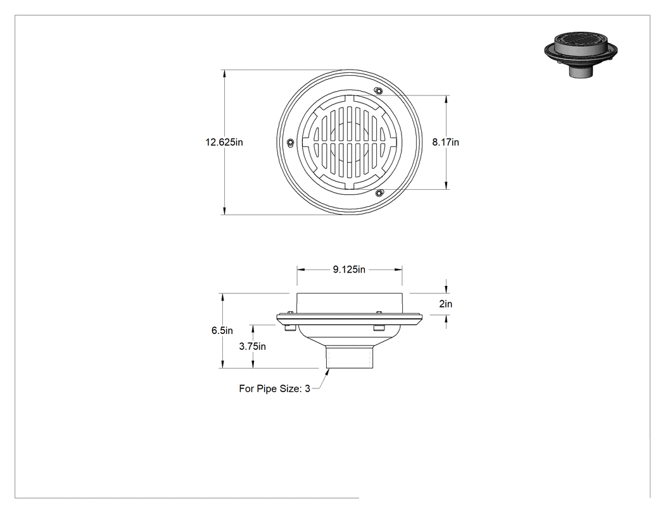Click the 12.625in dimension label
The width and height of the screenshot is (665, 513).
pos(224,142)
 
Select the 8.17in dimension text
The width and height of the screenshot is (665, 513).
pos(445,142)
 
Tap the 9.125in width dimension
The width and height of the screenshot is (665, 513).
pos(349,269)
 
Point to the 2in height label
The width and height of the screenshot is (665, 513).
pos(446,304)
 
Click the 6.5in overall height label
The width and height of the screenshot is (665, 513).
pos(222,330)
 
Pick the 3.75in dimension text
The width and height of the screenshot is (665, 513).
pos(252,347)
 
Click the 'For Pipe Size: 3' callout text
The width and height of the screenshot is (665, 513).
pos(274,388)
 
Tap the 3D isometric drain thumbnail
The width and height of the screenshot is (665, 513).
pos(580,54)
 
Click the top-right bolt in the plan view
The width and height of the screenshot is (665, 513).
pos(378,90)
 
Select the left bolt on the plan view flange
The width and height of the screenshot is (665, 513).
pos(290,142)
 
